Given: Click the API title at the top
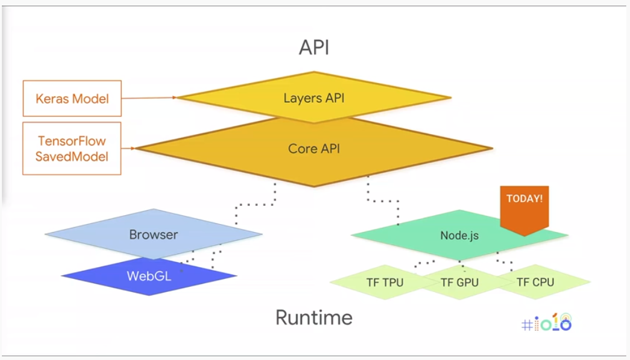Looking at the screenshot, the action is (314, 47).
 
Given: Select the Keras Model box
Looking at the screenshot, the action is (72, 99).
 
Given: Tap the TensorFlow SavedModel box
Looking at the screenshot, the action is (72, 148).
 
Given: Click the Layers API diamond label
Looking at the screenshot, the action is (314, 98).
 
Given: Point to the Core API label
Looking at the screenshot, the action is (314, 148).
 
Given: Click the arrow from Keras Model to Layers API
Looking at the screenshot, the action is (149, 97).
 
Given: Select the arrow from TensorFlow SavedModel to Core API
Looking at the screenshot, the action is (129, 148).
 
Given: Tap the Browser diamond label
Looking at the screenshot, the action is (154, 235).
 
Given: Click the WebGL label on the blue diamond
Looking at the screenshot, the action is (149, 276).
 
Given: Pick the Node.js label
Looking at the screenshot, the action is (460, 236).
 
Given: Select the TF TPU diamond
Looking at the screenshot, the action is (385, 282).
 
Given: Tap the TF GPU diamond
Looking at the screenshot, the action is (460, 282).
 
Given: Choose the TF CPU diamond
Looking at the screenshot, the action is (536, 282).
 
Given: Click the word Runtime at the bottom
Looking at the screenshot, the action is (314, 318).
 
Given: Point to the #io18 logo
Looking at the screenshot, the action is (546, 323).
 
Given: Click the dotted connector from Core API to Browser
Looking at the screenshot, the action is (255, 204).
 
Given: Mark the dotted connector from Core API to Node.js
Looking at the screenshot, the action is (383, 200).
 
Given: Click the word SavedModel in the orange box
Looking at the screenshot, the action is (72, 157).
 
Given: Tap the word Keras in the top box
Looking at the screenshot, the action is (49, 99).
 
